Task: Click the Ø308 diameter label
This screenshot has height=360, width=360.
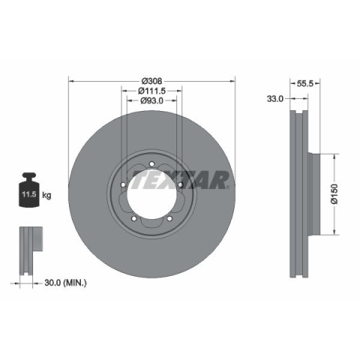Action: click(x=151, y=81)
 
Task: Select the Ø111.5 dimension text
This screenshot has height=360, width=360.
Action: click(x=151, y=91)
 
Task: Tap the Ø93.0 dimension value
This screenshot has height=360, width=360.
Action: click(x=151, y=100)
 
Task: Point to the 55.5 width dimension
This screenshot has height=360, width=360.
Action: click(x=304, y=83)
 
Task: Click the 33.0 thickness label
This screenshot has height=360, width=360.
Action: click(x=275, y=99)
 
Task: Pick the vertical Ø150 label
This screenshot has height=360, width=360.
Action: click(x=334, y=194)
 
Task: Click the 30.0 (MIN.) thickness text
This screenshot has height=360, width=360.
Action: click(x=65, y=283)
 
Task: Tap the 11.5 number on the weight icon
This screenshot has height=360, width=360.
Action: click(x=29, y=194)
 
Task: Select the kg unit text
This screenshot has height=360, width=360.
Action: click(x=46, y=195)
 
